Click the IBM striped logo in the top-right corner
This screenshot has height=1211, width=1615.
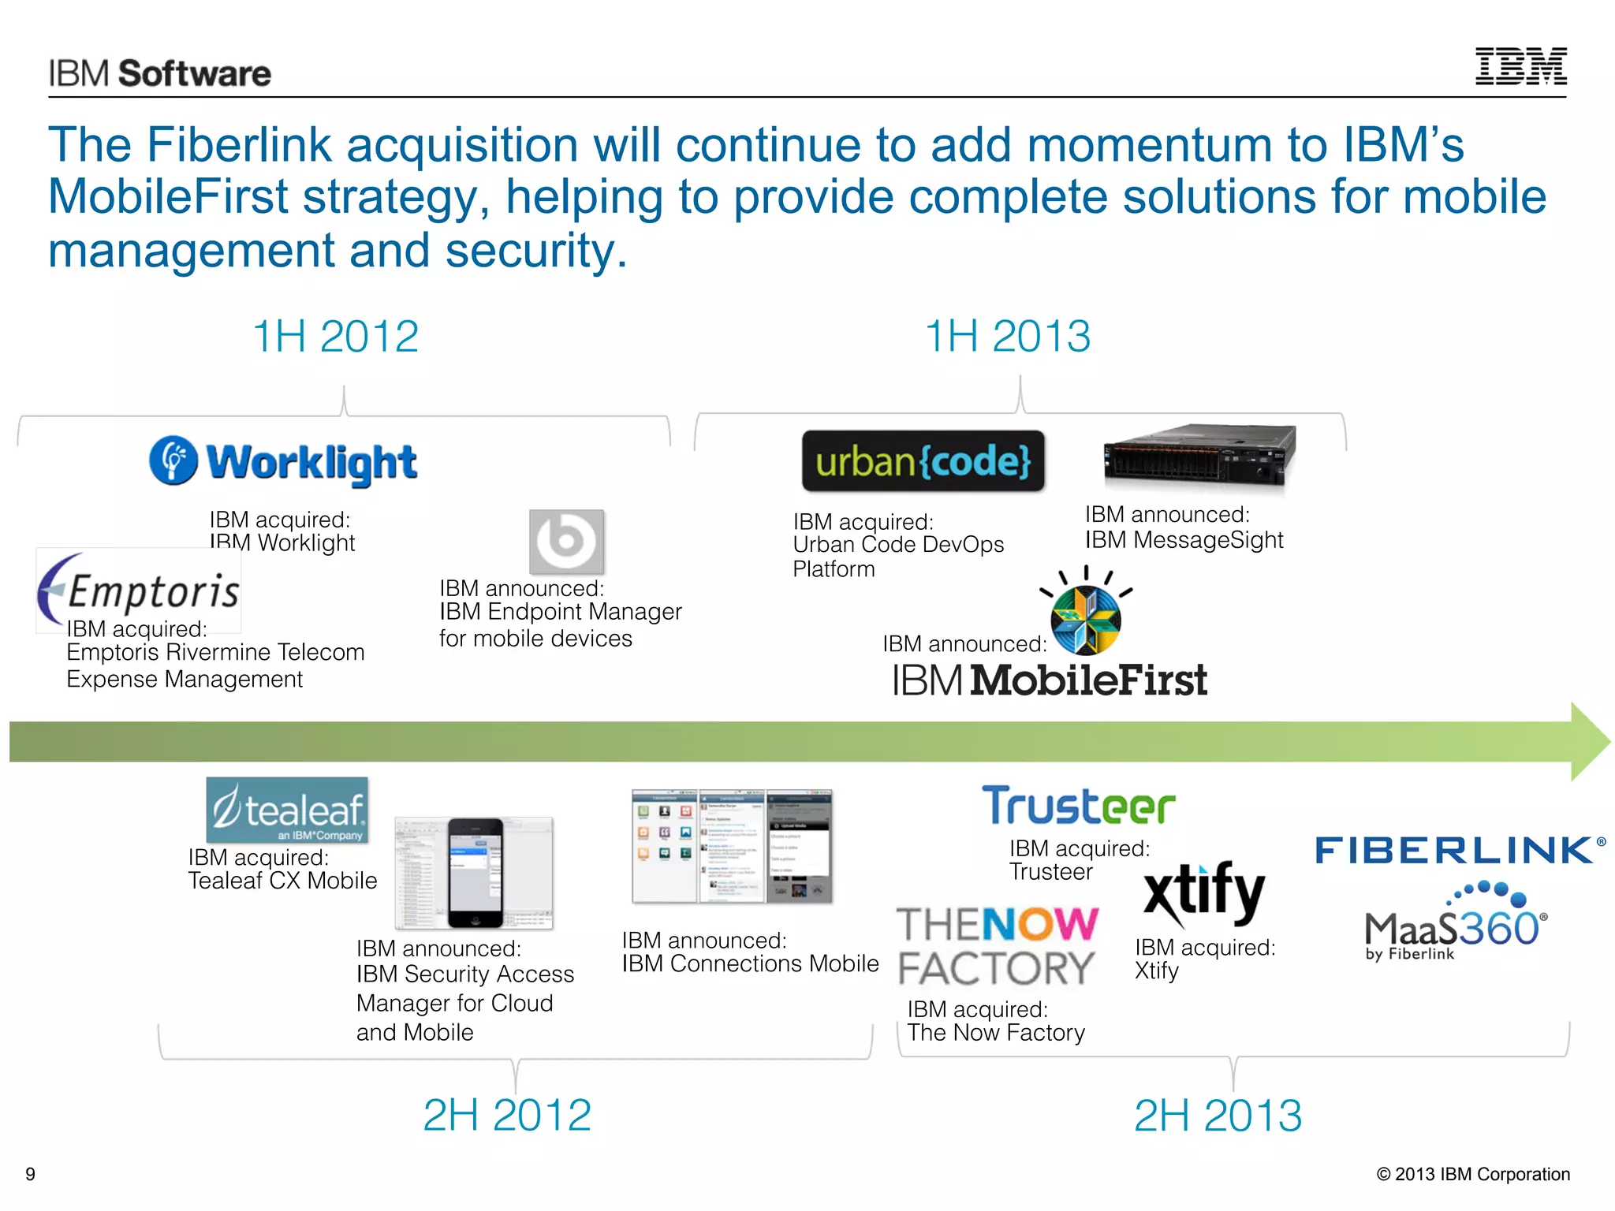click(x=1520, y=66)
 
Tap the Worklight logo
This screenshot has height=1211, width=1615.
click(x=283, y=462)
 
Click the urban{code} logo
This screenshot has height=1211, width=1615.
click(x=923, y=461)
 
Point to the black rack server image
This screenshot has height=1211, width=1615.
click(x=1199, y=455)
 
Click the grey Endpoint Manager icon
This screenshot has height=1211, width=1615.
click(x=566, y=542)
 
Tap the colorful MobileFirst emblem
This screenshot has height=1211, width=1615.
click(x=1086, y=618)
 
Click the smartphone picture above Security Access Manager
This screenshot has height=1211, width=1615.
click(x=475, y=873)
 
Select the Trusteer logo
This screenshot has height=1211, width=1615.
click(x=1078, y=806)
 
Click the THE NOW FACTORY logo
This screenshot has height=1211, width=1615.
click(x=998, y=946)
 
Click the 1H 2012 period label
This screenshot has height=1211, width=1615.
click(x=336, y=337)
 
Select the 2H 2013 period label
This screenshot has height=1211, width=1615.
click(x=1218, y=1115)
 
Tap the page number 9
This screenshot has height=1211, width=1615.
click(x=31, y=1174)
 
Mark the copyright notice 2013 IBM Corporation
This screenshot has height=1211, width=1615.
click(x=1472, y=1174)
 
